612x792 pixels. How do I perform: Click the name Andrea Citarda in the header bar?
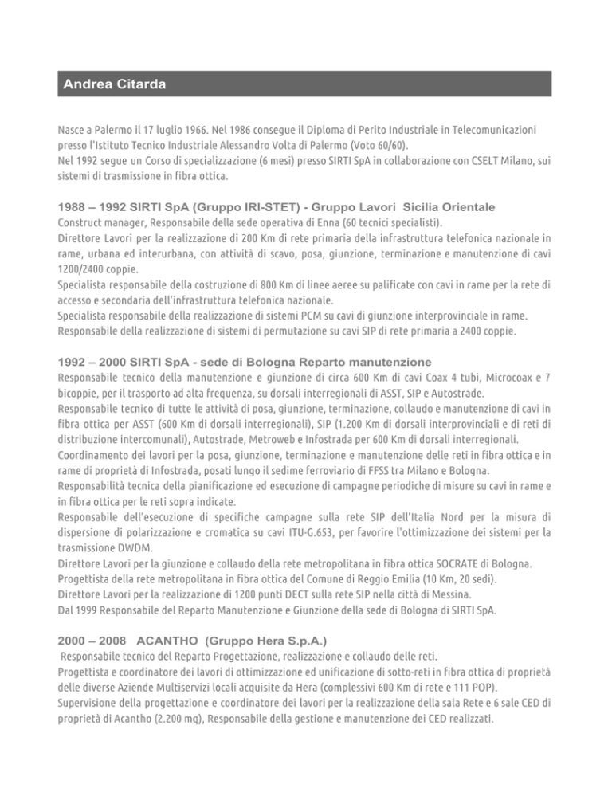[114, 84]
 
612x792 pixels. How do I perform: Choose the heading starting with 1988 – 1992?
[276, 207]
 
